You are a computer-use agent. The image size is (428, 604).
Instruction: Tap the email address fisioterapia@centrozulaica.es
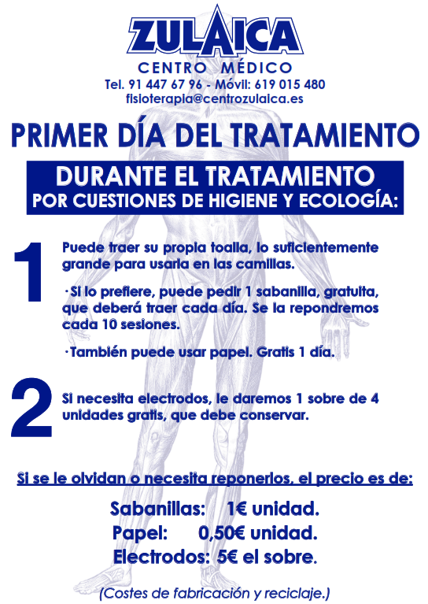(x=214, y=98)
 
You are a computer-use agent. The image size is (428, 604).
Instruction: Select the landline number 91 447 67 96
(x=165, y=84)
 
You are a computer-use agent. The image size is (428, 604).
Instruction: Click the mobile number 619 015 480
(x=290, y=84)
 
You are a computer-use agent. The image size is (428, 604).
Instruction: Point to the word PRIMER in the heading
(x=60, y=135)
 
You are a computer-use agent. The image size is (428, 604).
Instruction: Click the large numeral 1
(x=29, y=272)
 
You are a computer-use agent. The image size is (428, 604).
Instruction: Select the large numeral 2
(x=31, y=408)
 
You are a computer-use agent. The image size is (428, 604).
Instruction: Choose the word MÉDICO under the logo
(x=256, y=68)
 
